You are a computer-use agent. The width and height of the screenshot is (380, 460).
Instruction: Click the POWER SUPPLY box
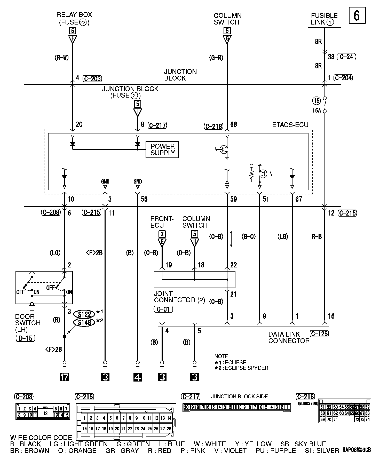tap(162, 149)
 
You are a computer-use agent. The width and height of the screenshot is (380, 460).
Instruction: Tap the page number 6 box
tap(357, 16)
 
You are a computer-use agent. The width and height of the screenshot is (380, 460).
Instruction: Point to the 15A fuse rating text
tap(316, 111)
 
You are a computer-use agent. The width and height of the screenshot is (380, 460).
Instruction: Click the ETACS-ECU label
tap(290, 125)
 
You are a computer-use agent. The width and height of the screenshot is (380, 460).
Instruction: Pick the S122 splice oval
tap(84, 314)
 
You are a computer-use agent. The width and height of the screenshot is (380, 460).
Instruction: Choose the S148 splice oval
tap(84, 322)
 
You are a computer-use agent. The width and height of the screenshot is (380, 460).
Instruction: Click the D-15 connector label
tap(25, 338)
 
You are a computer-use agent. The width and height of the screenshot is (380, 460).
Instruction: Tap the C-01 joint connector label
tap(163, 309)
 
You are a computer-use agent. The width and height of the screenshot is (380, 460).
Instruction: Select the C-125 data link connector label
tap(320, 334)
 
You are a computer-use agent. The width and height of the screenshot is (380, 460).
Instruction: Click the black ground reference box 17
tap(64, 377)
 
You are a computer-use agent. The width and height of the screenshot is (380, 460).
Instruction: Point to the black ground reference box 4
tap(138, 377)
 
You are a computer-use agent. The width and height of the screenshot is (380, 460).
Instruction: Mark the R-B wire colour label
tap(316, 236)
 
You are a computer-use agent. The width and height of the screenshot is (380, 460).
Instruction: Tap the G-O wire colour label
tap(249, 236)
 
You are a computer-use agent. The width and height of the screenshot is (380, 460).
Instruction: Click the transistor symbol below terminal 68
tap(224, 149)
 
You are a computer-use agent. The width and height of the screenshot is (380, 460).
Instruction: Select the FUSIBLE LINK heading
tap(324, 19)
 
